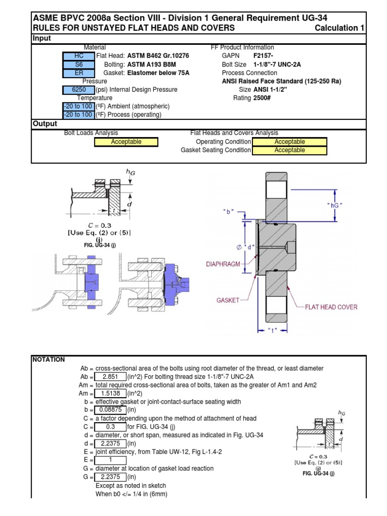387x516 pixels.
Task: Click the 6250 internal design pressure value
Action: click(78, 90)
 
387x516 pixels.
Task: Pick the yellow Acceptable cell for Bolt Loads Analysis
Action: click(126, 142)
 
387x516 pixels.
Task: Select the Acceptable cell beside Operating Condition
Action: click(289, 142)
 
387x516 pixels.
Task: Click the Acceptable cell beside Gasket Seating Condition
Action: click(289, 150)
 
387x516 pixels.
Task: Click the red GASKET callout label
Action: click(227, 300)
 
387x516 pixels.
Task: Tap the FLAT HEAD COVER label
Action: click(331, 307)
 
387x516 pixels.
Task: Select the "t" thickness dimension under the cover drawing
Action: click(272, 331)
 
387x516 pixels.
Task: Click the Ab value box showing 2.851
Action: click(110, 377)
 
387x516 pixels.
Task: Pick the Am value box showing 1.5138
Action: click(110, 394)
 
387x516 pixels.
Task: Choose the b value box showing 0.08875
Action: click(110, 410)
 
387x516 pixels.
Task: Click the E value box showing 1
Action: click(110, 460)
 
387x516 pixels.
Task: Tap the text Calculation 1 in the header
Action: click(339, 28)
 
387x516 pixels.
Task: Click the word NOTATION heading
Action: click(49, 360)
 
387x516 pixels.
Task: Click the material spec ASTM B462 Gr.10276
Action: click(157, 56)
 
